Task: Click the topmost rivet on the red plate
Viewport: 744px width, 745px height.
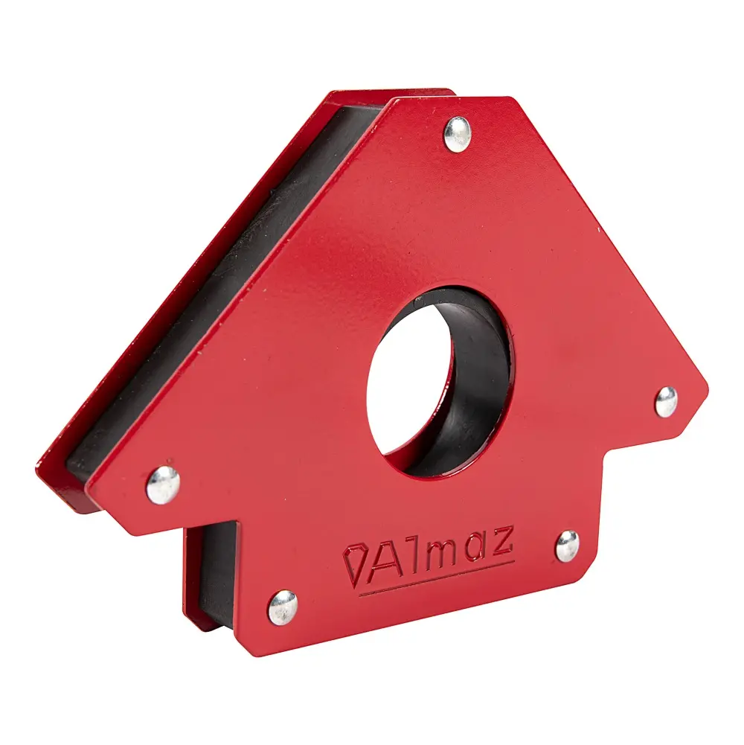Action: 457,134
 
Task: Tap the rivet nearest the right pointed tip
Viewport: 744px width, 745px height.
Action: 667,402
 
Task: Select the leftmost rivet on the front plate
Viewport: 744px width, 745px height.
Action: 163,485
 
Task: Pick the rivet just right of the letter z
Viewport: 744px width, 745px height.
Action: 567,546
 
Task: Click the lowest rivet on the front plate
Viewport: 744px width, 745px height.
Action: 283,607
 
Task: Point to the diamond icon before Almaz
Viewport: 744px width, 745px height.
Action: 354,566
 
